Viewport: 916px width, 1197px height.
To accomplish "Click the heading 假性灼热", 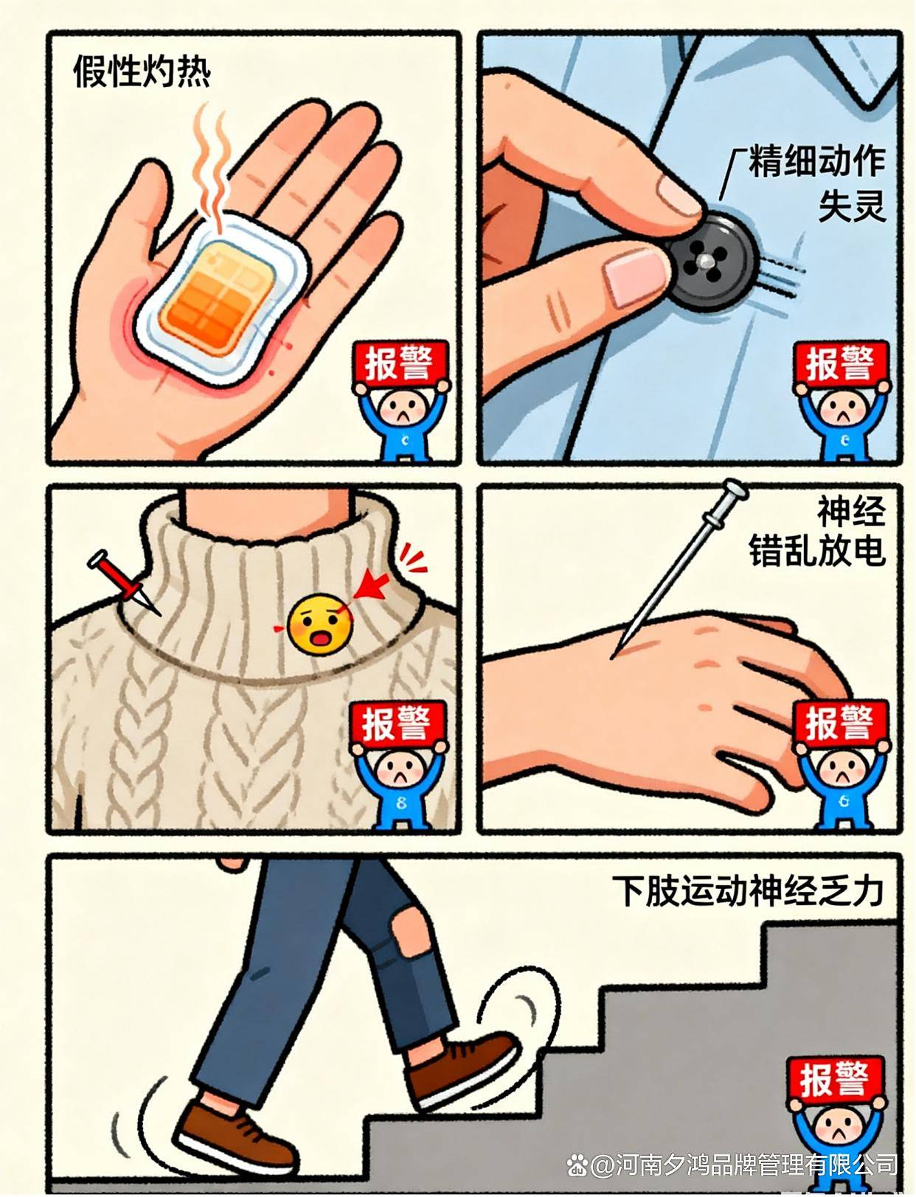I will click(x=142, y=72).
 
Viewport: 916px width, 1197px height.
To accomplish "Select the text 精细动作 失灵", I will click(x=816, y=184).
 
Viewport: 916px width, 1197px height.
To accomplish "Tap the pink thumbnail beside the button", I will click(x=636, y=278).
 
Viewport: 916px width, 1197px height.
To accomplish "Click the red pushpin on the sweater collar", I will click(x=122, y=582).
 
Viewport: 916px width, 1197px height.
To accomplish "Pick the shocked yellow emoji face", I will click(x=319, y=624).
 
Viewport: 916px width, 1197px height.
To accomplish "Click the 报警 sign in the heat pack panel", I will click(x=400, y=363).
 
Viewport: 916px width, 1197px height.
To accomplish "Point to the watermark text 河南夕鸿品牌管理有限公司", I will click(x=745, y=1165).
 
